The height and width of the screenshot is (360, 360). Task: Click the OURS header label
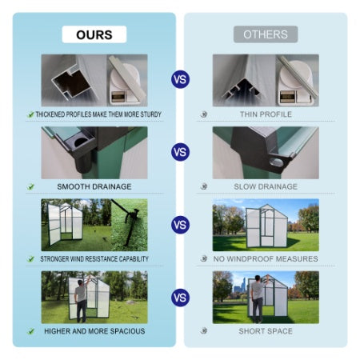coord(94,34)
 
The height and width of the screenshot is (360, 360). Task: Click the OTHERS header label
coord(265,34)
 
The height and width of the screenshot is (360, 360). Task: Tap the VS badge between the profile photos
coord(180,79)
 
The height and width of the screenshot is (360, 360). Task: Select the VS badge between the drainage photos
coord(180,152)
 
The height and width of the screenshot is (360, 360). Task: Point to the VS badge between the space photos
coord(180,298)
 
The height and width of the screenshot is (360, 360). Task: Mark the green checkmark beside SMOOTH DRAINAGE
coord(31,186)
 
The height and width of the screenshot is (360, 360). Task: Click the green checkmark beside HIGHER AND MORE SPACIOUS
coord(31,331)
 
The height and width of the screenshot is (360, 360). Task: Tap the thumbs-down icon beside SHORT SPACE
coord(204,331)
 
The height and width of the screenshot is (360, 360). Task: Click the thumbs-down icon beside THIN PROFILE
coord(204,114)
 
